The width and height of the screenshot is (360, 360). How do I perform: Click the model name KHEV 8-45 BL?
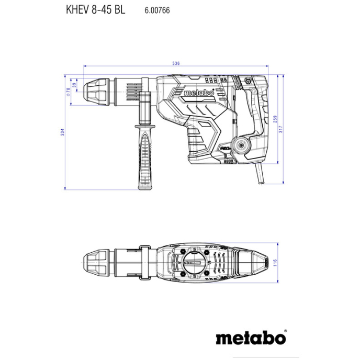pos(95,9)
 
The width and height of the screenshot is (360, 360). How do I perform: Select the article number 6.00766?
pos(155,10)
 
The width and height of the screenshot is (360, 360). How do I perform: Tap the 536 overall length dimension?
pos(176,63)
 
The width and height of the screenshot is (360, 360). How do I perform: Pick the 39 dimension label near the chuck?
pos(74,85)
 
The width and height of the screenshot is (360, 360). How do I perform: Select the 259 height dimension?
pos(275,119)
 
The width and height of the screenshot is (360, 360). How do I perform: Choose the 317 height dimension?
pos(282,129)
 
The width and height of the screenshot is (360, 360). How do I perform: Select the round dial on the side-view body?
pos(242,146)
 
